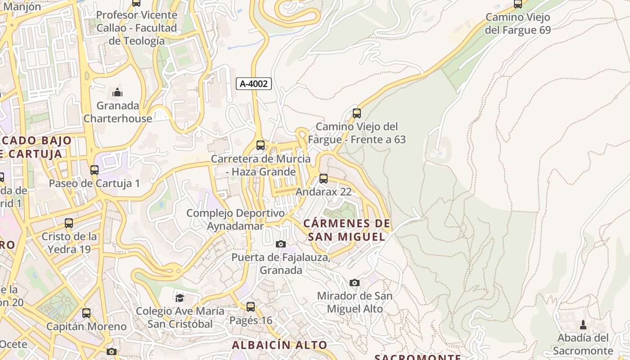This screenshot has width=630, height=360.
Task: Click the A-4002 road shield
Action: click(254, 83)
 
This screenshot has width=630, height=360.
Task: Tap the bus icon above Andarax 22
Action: click(323, 179)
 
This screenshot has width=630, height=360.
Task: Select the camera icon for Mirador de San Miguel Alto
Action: click(355, 283)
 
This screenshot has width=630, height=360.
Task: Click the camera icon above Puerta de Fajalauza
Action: click(280, 244)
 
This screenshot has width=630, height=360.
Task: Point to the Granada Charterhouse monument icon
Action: click(117, 93)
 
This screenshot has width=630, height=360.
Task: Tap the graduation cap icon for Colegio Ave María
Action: click(180, 297)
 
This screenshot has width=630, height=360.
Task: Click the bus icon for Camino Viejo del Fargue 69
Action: click(518, 4)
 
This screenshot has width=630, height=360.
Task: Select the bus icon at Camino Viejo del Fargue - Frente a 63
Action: click(357, 113)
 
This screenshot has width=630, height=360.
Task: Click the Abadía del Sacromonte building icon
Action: click(583, 324)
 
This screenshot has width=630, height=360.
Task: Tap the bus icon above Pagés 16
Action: click(251, 307)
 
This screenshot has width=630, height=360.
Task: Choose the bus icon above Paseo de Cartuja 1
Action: click(94, 170)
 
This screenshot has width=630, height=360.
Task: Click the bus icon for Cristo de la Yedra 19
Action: click(69, 223)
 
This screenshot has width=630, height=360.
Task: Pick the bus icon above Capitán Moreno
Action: click(86, 313)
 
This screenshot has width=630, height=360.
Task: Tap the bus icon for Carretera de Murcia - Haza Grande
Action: click(261, 145)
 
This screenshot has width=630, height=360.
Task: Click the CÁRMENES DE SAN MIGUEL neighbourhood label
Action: click(346, 230)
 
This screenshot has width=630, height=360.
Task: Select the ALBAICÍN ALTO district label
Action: click(279, 345)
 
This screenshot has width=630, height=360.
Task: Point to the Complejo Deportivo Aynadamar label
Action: click(235, 219)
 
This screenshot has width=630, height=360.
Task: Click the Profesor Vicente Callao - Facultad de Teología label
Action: click(137, 28)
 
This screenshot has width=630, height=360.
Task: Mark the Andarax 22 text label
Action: click(323, 192)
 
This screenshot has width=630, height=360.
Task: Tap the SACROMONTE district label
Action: click(418, 357)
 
